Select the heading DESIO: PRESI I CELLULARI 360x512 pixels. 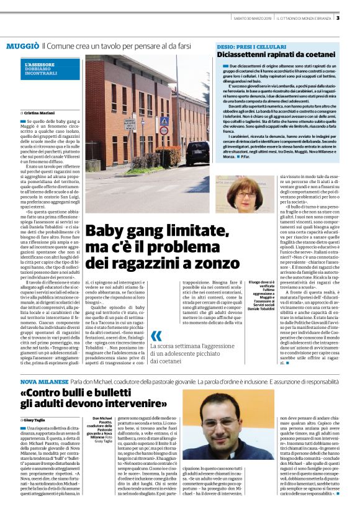pyautogui.click(x=251, y=47)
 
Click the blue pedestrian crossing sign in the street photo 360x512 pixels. pyautogui.click(x=164, y=122)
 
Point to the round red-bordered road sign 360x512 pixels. pyautogui.click(x=164, y=131)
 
